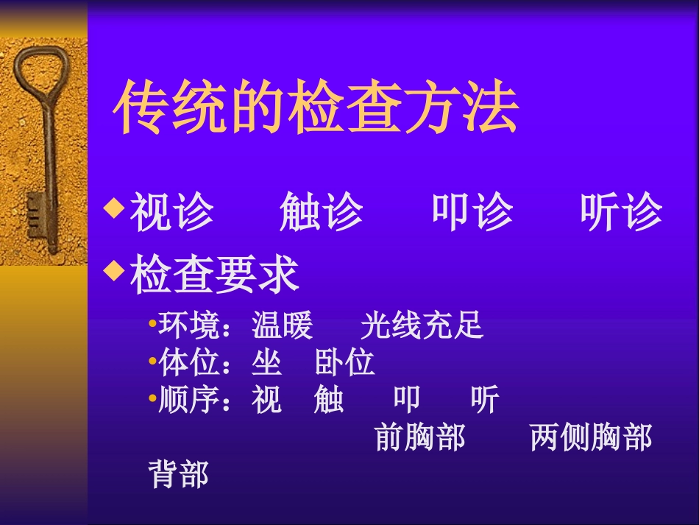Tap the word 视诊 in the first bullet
(171, 213)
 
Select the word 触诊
(321, 213)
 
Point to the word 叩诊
(472, 213)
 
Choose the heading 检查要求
(214, 275)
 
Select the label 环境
(188, 325)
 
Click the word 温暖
(282, 325)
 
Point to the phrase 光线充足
(422, 325)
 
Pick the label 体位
(188, 363)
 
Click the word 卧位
(344, 363)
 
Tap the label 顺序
(188, 401)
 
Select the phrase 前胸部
(419, 437)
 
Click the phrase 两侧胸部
(590, 437)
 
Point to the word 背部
(178, 474)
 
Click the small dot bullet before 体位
(152, 361)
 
